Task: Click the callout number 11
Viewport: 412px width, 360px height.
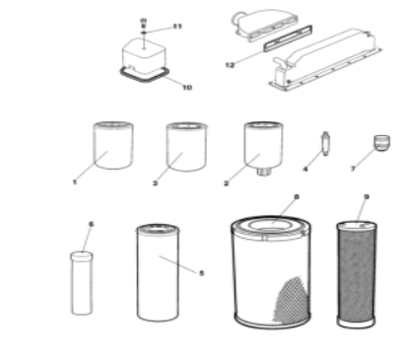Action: [x=177, y=27]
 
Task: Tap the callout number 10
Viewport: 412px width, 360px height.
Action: [x=187, y=88]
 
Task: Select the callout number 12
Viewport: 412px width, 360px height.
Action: [x=230, y=65]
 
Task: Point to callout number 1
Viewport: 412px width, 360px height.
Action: [x=75, y=181]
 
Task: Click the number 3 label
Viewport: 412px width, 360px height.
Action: [x=155, y=183]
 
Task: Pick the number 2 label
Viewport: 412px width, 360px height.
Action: [x=226, y=183]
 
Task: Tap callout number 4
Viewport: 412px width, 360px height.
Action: [x=306, y=169]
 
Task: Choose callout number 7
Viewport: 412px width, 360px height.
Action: [x=353, y=169]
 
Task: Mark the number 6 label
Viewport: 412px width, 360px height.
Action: [x=92, y=224]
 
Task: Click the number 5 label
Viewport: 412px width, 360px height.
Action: [x=201, y=273]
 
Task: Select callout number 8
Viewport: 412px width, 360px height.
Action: [x=297, y=196]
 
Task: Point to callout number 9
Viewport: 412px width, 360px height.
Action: [x=367, y=197]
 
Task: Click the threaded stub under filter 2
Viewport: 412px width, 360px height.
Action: [x=263, y=172]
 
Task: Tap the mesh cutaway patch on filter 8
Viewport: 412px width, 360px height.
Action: [x=291, y=300]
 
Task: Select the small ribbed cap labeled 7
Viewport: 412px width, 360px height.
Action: [x=381, y=143]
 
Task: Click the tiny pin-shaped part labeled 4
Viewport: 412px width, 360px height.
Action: [x=325, y=144]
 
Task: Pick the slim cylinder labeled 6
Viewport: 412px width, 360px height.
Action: [x=82, y=283]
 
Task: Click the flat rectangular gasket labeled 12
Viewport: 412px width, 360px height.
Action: [x=288, y=38]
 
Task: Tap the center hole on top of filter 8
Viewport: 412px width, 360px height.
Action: [x=269, y=225]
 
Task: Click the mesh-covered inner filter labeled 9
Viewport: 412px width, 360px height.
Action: [x=357, y=275]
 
